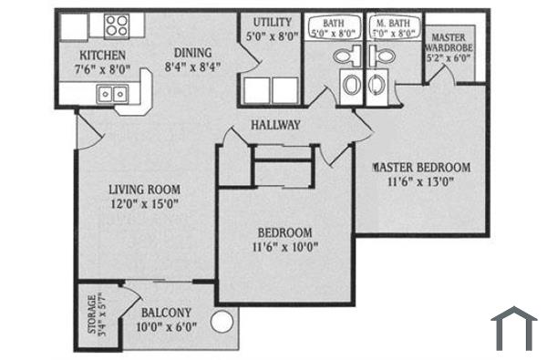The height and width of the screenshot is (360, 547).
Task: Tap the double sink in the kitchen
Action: click(x=114, y=92)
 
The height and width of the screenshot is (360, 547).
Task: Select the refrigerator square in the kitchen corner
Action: click(x=73, y=26)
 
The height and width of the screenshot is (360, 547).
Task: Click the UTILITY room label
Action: click(x=271, y=21)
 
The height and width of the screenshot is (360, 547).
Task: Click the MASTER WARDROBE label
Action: click(x=447, y=41)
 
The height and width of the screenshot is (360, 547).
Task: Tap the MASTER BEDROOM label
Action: click(x=421, y=167)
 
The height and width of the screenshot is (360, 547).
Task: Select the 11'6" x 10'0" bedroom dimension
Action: click(x=284, y=246)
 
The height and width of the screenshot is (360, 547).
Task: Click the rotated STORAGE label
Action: click(x=90, y=315)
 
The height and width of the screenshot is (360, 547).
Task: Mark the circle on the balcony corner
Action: click(x=222, y=321)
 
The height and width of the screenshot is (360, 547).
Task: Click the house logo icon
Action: click(x=513, y=327)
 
